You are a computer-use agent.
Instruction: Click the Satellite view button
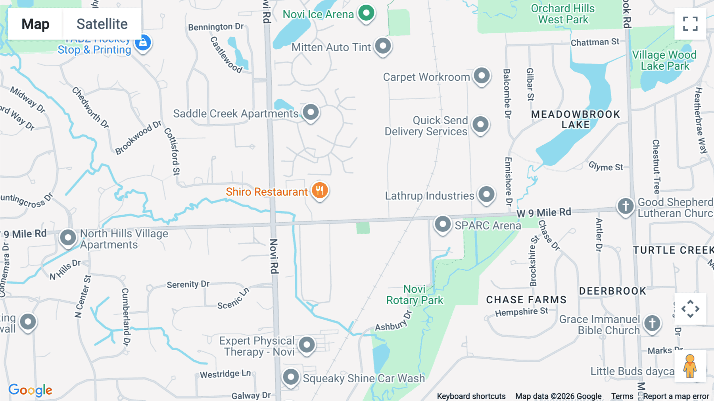coord(102,24)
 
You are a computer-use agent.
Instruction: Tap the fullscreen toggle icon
coord(690,24)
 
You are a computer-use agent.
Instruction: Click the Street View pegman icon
coord(690,366)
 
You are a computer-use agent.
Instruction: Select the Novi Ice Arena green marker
coord(366,13)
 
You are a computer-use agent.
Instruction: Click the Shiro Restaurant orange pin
coord(320,191)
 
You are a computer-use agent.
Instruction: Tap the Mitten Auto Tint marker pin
coord(383,46)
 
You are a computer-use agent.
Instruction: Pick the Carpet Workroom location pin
coord(482,75)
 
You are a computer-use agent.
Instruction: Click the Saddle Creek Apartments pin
coord(311,112)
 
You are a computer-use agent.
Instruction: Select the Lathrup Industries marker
coord(486,195)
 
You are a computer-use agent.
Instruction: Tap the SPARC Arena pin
coord(443,224)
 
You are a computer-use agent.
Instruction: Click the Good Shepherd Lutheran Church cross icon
coord(626,206)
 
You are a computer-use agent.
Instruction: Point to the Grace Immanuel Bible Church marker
coord(652,323)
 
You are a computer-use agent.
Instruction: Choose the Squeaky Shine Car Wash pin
coord(291,377)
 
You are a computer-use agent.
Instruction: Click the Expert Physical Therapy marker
coord(307,345)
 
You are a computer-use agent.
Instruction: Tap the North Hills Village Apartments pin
coord(68,238)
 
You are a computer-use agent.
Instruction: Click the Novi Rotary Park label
coord(415,295)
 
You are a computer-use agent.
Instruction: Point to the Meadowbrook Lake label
coord(575,120)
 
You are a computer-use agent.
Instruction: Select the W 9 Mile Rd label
coord(543,213)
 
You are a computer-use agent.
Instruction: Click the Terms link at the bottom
coord(622,396)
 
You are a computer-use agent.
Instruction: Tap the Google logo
coord(31,390)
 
